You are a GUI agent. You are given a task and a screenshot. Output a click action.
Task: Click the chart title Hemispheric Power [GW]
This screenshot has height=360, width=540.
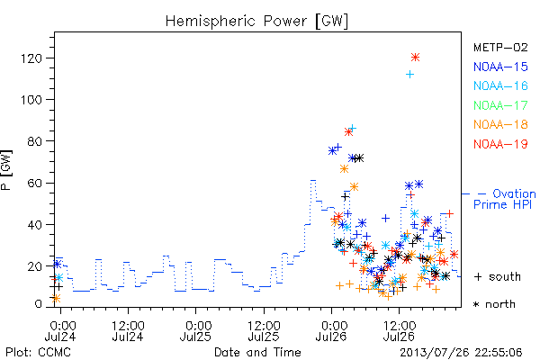click(256, 21)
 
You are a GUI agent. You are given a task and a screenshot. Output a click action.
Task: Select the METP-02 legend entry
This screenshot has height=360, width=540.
click(500, 47)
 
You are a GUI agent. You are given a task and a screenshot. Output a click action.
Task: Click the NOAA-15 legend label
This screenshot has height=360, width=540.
click(500, 67)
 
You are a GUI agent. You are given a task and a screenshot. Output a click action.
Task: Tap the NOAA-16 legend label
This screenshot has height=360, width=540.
click(500, 85)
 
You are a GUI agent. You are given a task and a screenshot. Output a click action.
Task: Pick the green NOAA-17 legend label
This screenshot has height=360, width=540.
click(500, 105)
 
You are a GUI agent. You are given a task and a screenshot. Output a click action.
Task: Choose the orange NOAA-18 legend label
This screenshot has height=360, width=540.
click(500, 124)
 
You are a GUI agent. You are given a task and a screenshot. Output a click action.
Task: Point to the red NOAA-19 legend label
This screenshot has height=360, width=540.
click(500, 144)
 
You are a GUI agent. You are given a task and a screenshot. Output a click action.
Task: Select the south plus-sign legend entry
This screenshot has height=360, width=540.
click(498, 276)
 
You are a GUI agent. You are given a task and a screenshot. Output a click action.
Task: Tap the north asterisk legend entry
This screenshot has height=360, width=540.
click(494, 304)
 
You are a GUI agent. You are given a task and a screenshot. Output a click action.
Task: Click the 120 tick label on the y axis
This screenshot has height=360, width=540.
click(31, 58)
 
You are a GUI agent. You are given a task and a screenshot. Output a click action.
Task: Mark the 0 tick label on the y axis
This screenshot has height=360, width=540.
click(38, 304)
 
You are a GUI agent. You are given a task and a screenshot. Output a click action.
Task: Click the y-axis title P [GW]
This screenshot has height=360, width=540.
click(6, 170)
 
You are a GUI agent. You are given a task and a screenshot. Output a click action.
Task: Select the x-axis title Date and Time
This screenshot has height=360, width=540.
click(257, 352)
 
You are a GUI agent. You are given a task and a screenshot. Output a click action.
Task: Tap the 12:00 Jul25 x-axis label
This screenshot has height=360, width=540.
click(264, 331)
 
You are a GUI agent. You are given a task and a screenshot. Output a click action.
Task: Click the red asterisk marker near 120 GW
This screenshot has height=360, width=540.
click(415, 58)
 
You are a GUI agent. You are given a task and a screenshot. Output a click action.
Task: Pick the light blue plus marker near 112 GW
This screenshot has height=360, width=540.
click(409, 74)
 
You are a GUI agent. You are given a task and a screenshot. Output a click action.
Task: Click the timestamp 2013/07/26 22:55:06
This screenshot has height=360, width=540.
click(461, 353)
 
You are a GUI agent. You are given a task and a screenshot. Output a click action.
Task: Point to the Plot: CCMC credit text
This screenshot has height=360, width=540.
click(38, 353)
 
